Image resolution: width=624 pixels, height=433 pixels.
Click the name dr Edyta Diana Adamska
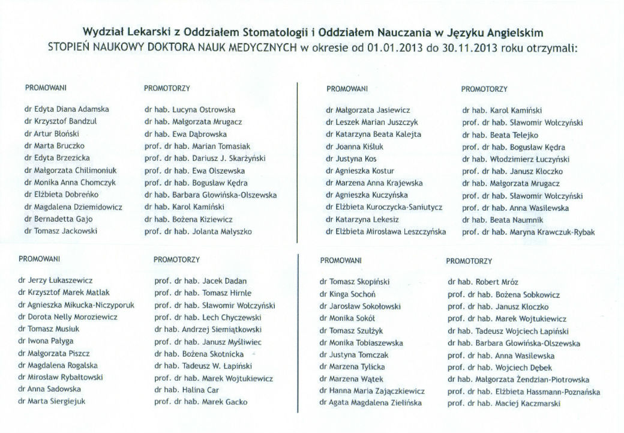pos(67,110)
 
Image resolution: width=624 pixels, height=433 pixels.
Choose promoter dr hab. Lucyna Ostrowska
pos(190,110)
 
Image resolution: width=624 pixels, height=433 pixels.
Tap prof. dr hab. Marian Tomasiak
pos(197,147)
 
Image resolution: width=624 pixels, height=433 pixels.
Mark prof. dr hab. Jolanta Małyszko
pos(198,231)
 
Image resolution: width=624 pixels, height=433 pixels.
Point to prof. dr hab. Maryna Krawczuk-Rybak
pos(529,232)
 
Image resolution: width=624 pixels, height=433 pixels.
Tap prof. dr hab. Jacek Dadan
pos(200,280)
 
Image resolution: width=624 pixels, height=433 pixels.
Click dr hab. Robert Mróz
pos(483,282)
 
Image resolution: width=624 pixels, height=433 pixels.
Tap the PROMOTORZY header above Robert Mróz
pos(469,261)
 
